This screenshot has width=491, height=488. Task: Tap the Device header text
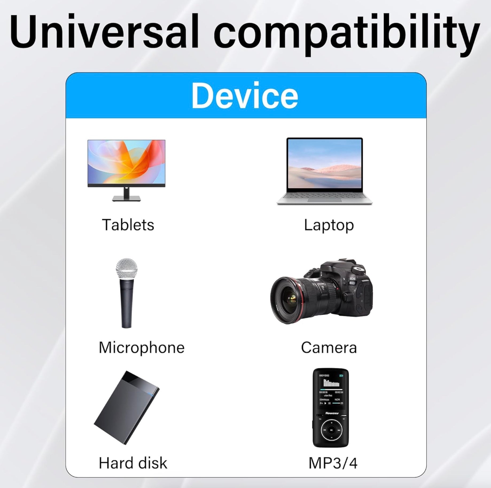coord(245,95)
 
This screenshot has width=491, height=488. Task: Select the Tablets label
coord(128,225)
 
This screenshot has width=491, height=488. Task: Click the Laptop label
coord(329,225)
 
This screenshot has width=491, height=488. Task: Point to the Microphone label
coord(142,348)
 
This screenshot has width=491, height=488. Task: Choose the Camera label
coord(329,348)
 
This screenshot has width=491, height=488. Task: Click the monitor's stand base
coord(126,198)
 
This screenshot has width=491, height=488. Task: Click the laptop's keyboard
coord(324,196)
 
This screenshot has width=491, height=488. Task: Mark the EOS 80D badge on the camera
coord(352,281)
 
